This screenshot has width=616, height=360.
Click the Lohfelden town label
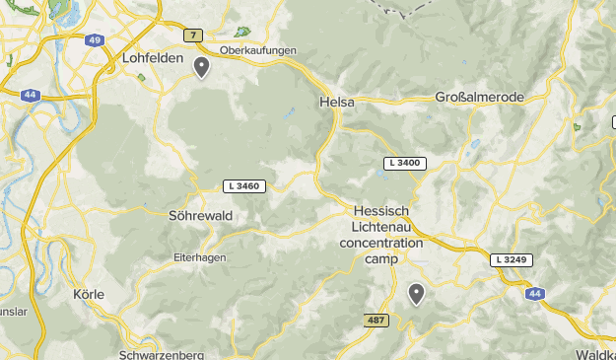153,58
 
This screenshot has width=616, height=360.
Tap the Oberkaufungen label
259,50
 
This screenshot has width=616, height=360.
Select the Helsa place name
336,102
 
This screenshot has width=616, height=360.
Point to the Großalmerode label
479,97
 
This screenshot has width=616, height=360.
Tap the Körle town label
89,294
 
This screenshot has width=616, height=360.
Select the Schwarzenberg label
160,354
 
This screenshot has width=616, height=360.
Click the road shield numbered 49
94,40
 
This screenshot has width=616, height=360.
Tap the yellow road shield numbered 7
191,36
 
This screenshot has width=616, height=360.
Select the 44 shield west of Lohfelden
31,95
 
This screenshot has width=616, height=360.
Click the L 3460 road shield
242,185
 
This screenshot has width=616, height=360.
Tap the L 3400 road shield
404,163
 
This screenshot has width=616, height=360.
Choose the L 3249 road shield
513,259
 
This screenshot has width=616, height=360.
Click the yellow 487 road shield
376,321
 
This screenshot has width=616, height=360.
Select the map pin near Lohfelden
201,66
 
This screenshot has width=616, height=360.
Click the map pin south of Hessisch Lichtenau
417,293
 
